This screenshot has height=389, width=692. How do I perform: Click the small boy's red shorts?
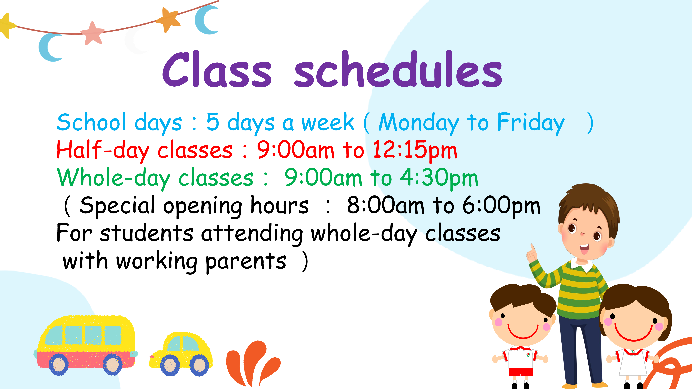pos(521,372)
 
